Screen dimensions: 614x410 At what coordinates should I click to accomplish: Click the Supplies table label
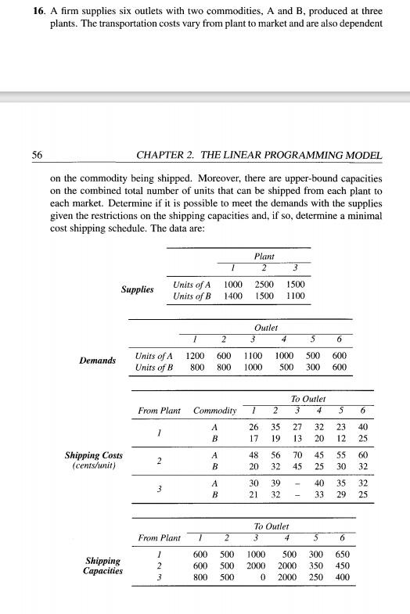138,290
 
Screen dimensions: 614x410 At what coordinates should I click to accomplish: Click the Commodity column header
214,411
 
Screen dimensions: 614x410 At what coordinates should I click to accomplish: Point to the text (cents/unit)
92,467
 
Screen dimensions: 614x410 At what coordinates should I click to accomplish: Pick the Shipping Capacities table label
102,566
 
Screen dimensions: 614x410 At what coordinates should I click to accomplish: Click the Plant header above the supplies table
264,256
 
